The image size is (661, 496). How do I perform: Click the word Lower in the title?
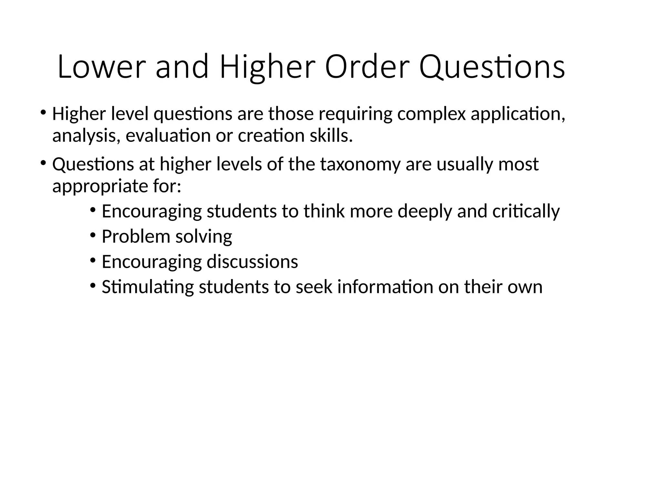pos(99,67)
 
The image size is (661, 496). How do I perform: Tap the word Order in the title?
pos(367,67)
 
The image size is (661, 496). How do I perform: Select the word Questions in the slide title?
pos(492,67)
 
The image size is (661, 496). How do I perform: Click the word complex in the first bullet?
pos(432,114)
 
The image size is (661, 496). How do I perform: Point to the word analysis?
pos(86,136)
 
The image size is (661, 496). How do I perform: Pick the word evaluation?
pos(168,135)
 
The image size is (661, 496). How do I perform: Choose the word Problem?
pos(136,236)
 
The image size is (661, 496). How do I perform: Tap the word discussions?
pos(252,262)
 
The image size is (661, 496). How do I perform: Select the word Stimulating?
pos(147,287)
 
